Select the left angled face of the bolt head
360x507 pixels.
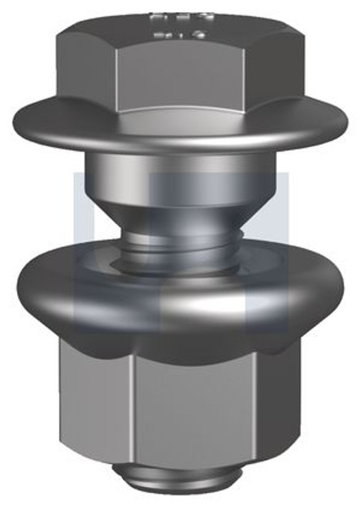point(88,69)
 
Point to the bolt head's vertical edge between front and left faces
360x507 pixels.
point(117,77)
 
